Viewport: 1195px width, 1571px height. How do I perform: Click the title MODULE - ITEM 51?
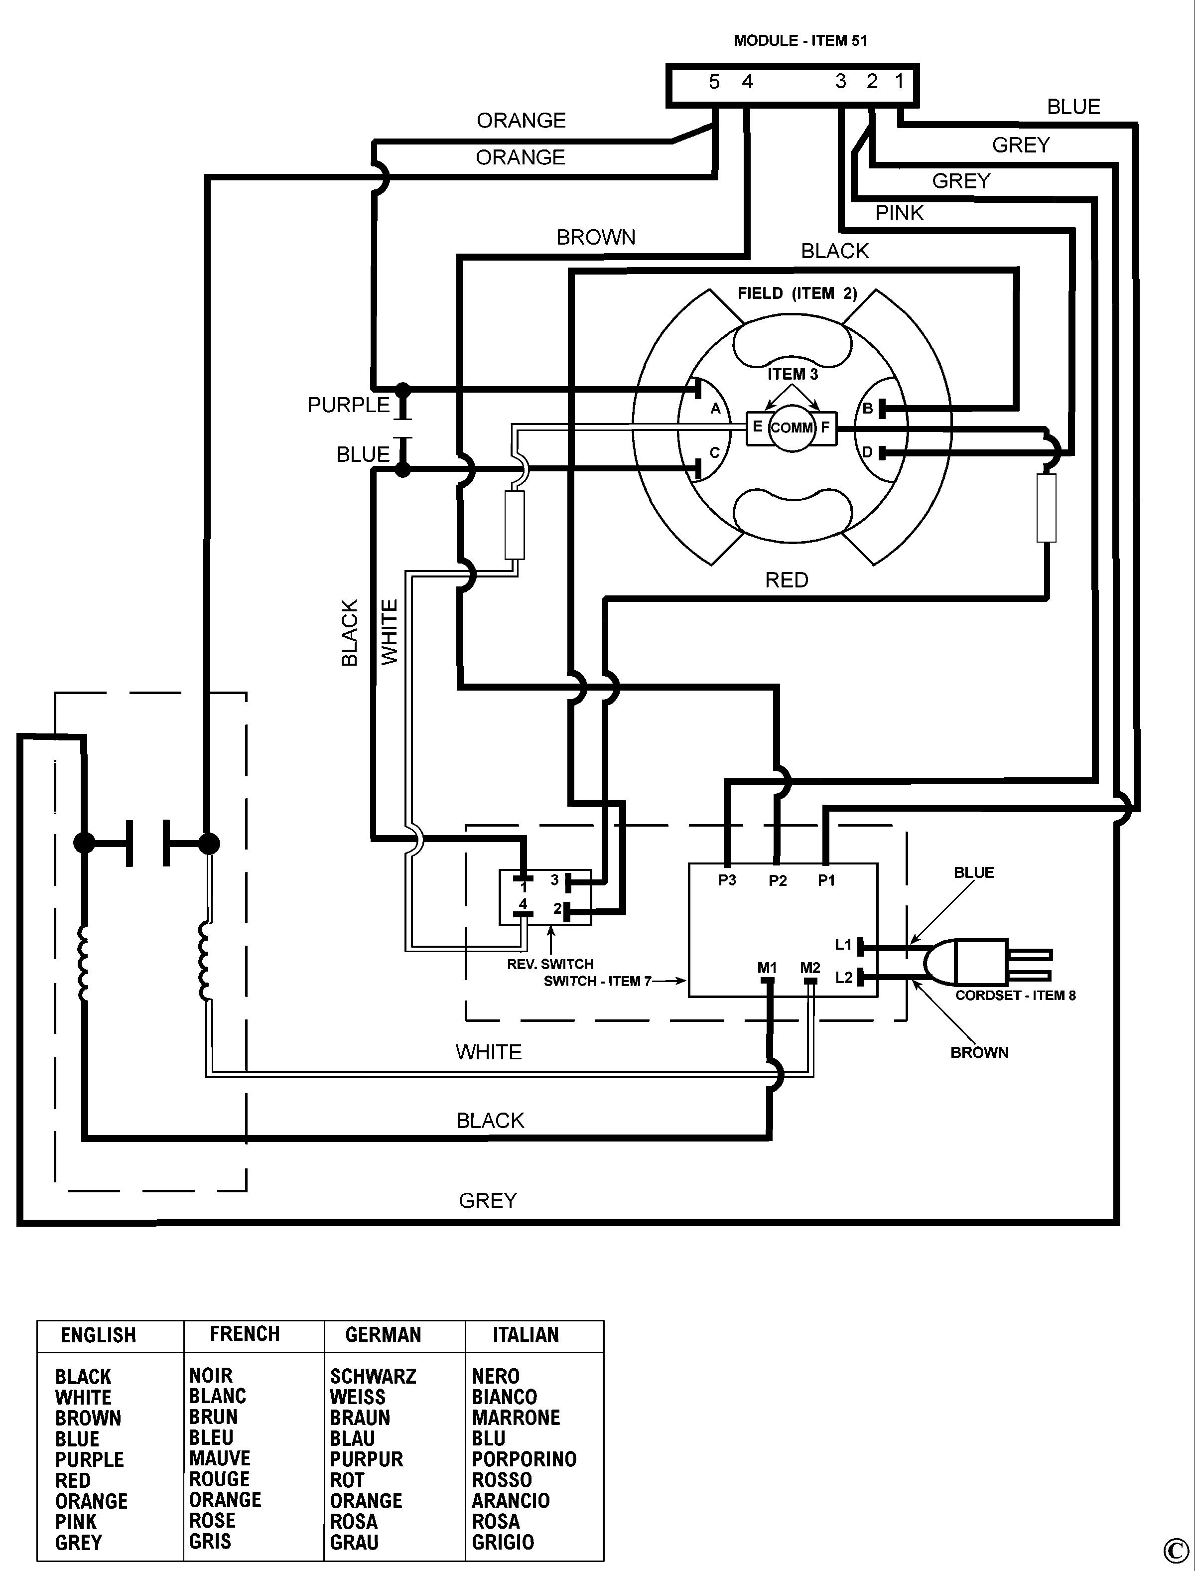tap(800, 40)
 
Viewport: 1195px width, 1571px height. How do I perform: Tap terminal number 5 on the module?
tap(714, 82)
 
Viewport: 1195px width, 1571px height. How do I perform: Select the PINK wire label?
tap(899, 213)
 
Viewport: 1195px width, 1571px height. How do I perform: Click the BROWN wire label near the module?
tap(595, 237)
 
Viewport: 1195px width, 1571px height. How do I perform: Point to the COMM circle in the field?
tap(792, 428)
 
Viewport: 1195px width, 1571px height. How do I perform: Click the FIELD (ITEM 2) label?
tap(797, 293)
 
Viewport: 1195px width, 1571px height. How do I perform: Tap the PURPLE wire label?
tap(349, 405)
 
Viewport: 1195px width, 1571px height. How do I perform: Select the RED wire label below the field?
tap(786, 580)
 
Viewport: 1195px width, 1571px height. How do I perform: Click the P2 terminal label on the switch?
tap(778, 881)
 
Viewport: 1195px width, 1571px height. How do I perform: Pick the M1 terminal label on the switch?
tap(767, 968)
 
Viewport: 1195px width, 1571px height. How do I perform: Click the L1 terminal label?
tap(843, 945)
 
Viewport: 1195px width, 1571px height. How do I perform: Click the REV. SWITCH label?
tap(550, 964)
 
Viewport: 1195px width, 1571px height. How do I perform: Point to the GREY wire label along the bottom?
tap(487, 1200)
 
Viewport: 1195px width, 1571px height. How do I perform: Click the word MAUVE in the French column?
tap(220, 1458)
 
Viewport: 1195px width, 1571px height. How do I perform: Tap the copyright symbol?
tap(1175, 1550)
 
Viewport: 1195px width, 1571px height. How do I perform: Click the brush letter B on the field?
tap(867, 409)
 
